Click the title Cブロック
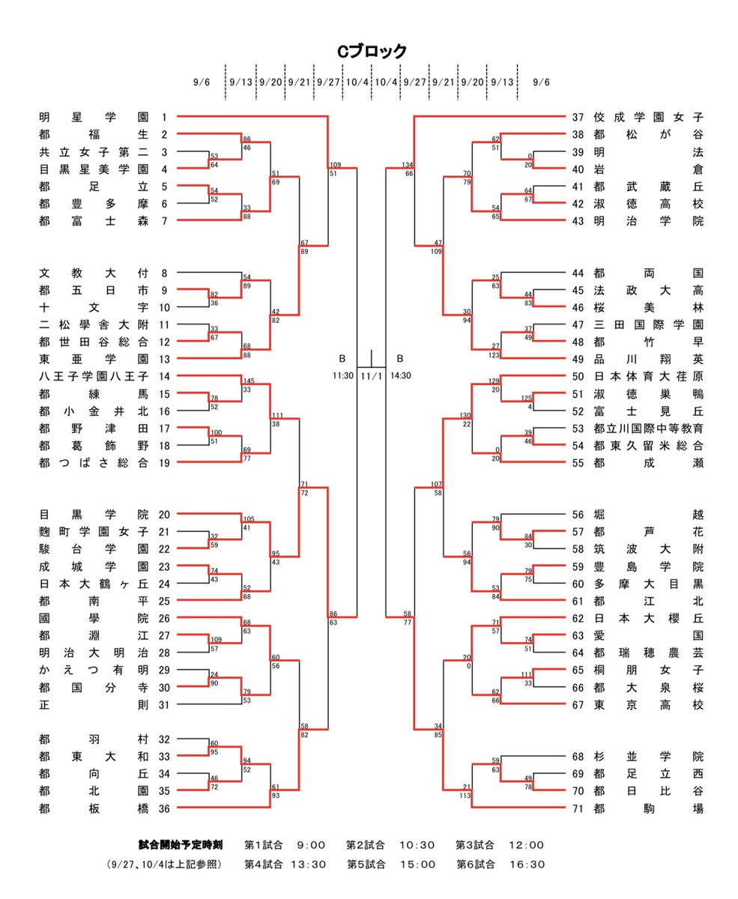coord(371,51)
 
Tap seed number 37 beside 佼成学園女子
coord(578,117)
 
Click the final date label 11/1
coord(371,375)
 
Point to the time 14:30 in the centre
coord(401,375)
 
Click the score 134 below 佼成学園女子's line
coord(407,165)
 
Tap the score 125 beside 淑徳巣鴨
coord(527,399)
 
